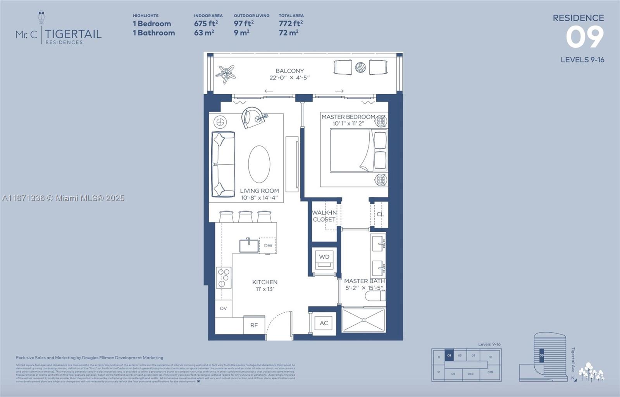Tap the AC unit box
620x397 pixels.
(324, 323)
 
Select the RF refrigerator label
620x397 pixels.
(254, 325)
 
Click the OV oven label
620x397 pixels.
(223, 308)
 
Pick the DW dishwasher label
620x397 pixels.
(268, 245)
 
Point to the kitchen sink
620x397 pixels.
(249, 246)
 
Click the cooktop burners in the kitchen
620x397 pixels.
(223, 278)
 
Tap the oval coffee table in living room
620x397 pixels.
(259, 164)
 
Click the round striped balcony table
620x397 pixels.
(360, 67)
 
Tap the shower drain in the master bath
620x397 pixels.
(363, 320)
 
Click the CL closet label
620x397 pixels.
(380, 214)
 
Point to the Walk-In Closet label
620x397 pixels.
(324, 216)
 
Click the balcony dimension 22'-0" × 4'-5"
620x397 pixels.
(289, 78)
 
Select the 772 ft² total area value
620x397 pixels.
(291, 23)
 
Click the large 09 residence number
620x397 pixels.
(584, 37)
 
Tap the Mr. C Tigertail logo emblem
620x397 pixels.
(41, 17)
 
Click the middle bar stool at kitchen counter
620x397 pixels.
(245, 216)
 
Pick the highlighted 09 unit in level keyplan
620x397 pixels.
(449, 355)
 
